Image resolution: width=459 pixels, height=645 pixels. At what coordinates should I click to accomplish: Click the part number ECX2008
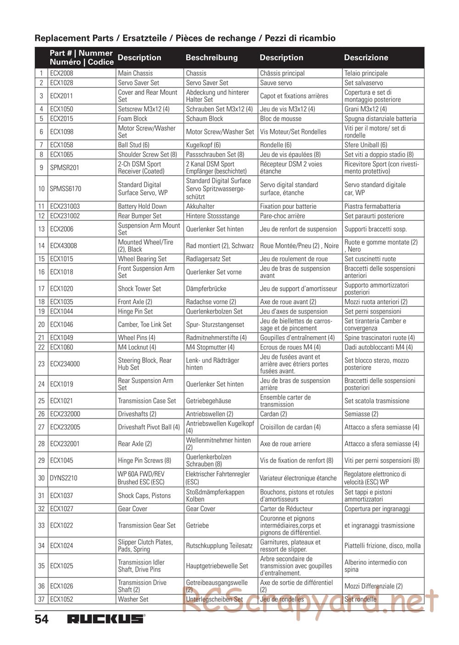point(62,73)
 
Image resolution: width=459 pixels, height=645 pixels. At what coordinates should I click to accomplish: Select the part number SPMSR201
point(65,167)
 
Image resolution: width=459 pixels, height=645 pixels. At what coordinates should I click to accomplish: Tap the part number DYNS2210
point(64,478)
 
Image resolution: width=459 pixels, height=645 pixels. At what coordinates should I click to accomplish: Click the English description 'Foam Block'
point(134,118)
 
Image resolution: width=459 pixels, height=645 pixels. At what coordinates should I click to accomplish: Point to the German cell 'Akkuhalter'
point(200,206)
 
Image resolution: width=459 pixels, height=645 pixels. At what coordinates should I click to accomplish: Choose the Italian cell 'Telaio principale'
point(366,73)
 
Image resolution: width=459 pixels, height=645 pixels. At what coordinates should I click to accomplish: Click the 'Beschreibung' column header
point(212,57)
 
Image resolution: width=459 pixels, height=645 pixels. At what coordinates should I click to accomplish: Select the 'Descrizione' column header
point(366,57)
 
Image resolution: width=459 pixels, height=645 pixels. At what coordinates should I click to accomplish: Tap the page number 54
point(41,619)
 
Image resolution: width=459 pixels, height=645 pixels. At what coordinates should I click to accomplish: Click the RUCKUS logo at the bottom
point(106,619)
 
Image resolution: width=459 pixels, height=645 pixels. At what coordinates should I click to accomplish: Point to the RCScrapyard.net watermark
point(310,601)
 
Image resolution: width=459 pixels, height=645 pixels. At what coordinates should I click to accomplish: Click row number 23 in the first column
point(41,364)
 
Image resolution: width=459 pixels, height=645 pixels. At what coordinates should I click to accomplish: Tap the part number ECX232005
point(65,427)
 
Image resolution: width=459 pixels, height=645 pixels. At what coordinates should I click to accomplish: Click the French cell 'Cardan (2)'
point(274,414)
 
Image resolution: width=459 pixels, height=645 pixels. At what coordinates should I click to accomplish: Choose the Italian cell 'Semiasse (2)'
point(361,414)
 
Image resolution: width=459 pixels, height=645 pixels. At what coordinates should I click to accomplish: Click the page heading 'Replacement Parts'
point(76,38)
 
